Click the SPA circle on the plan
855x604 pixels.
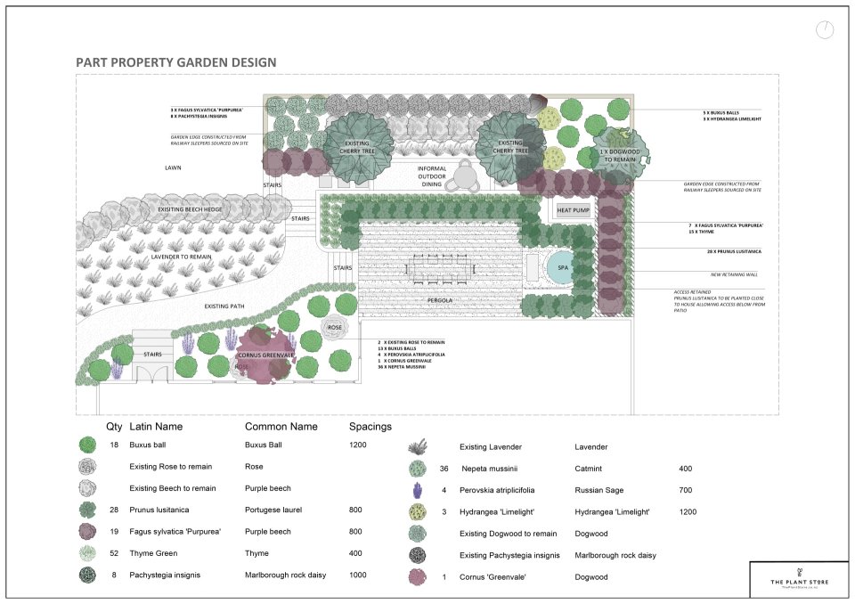tap(562, 267)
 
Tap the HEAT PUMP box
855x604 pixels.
tap(574, 210)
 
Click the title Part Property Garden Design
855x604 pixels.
tap(175, 62)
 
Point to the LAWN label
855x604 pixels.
tap(173, 167)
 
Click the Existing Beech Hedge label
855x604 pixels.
tap(190, 209)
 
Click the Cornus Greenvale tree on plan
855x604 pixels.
tap(265, 354)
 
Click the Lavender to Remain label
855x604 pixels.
tap(181, 256)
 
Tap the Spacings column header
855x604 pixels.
tap(370, 427)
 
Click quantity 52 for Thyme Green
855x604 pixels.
tap(113, 553)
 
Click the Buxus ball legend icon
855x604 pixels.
tap(86, 444)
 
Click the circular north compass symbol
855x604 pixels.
tap(825, 29)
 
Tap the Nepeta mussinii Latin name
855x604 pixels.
tap(489, 468)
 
